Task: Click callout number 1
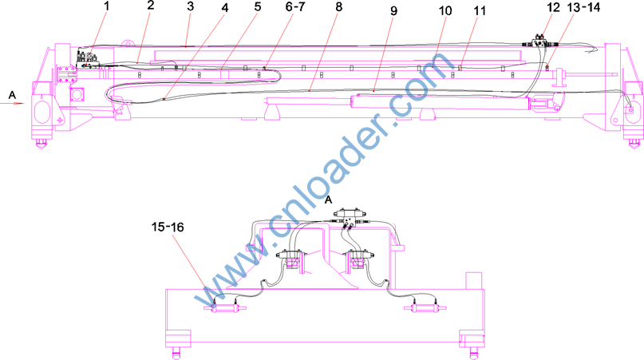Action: (107, 6)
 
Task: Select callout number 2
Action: (151, 6)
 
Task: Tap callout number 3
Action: (190, 6)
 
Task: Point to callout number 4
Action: (225, 7)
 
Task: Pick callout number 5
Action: (258, 6)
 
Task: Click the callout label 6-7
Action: (295, 6)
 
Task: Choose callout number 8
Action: (338, 7)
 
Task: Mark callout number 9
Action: (394, 10)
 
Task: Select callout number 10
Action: (445, 10)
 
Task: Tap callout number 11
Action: (480, 10)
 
